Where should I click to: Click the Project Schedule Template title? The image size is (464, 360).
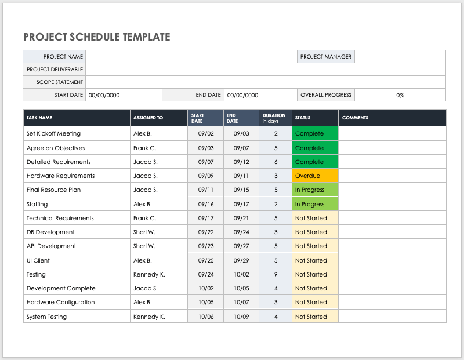[x=97, y=37]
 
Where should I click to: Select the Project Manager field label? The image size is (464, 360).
[x=325, y=57]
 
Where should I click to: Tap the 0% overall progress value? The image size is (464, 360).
[x=400, y=95]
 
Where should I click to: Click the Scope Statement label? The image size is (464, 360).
[x=60, y=82]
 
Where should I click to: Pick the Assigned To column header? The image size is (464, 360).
[x=148, y=118]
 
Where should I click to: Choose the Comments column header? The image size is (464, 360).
[x=355, y=118]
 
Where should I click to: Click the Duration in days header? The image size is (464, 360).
[x=274, y=118]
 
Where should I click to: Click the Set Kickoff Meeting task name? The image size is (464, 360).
[x=53, y=133]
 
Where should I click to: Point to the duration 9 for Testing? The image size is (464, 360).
[x=275, y=274]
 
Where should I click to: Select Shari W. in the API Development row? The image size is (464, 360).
[x=144, y=246]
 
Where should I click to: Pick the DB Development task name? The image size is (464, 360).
[x=50, y=232]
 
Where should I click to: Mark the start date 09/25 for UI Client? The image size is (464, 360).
[x=205, y=260]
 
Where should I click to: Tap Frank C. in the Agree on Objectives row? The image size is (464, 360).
[x=144, y=148]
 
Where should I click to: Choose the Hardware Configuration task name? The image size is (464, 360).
[x=60, y=302]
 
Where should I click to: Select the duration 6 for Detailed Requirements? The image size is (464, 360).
[x=275, y=162]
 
